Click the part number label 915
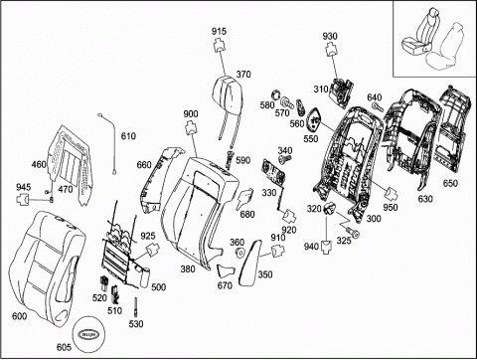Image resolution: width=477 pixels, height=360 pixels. (x=219, y=31)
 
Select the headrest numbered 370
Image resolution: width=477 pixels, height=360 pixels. (x=229, y=92)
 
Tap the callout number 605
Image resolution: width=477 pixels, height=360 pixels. (x=64, y=347)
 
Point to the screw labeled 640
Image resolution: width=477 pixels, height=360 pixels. (x=378, y=106)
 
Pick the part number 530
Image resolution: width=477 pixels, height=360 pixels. (x=136, y=323)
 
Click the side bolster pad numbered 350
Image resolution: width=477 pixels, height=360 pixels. (x=252, y=262)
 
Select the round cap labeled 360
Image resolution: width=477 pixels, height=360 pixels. (x=239, y=253)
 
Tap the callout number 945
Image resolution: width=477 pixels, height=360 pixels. (x=24, y=187)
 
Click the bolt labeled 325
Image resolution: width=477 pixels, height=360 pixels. (x=352, y=232)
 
